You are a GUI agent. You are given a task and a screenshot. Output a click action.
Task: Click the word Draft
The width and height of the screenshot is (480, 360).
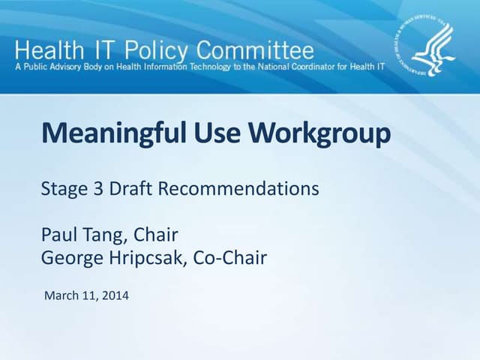pyautogui.click(x=129, y=189)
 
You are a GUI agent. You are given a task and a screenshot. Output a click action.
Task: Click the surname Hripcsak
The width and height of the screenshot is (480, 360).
pyautogui.click(x=149, y=259)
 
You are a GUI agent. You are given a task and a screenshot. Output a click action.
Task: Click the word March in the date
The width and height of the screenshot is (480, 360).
pyautogui.click(x=62, y=295)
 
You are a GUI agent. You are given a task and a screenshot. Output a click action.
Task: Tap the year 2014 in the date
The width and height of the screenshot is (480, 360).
pyautogui.click(x=115, y=295)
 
